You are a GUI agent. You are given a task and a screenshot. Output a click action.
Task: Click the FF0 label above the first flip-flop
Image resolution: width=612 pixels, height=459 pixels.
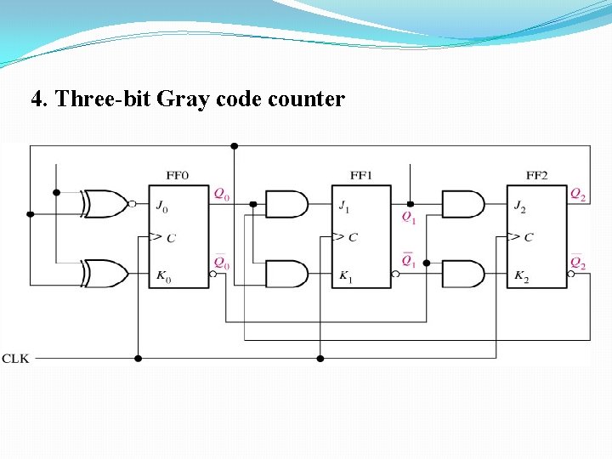[178, 176]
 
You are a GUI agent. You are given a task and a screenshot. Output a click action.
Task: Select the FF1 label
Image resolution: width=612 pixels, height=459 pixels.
[361, 176]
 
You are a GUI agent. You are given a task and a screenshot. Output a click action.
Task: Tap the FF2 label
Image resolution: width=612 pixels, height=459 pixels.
[536, 176]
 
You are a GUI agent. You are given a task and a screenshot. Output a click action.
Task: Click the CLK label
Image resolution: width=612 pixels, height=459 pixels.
[15, 359]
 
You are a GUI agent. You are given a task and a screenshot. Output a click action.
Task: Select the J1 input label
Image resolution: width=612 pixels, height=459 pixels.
[343, 205]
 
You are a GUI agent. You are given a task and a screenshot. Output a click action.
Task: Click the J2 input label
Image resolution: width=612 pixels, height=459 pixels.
[519, 205]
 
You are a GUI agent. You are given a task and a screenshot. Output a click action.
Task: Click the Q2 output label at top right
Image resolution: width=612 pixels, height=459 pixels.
[578, 195]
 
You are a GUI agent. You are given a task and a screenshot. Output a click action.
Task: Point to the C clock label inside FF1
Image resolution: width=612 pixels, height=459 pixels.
[353, 237]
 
